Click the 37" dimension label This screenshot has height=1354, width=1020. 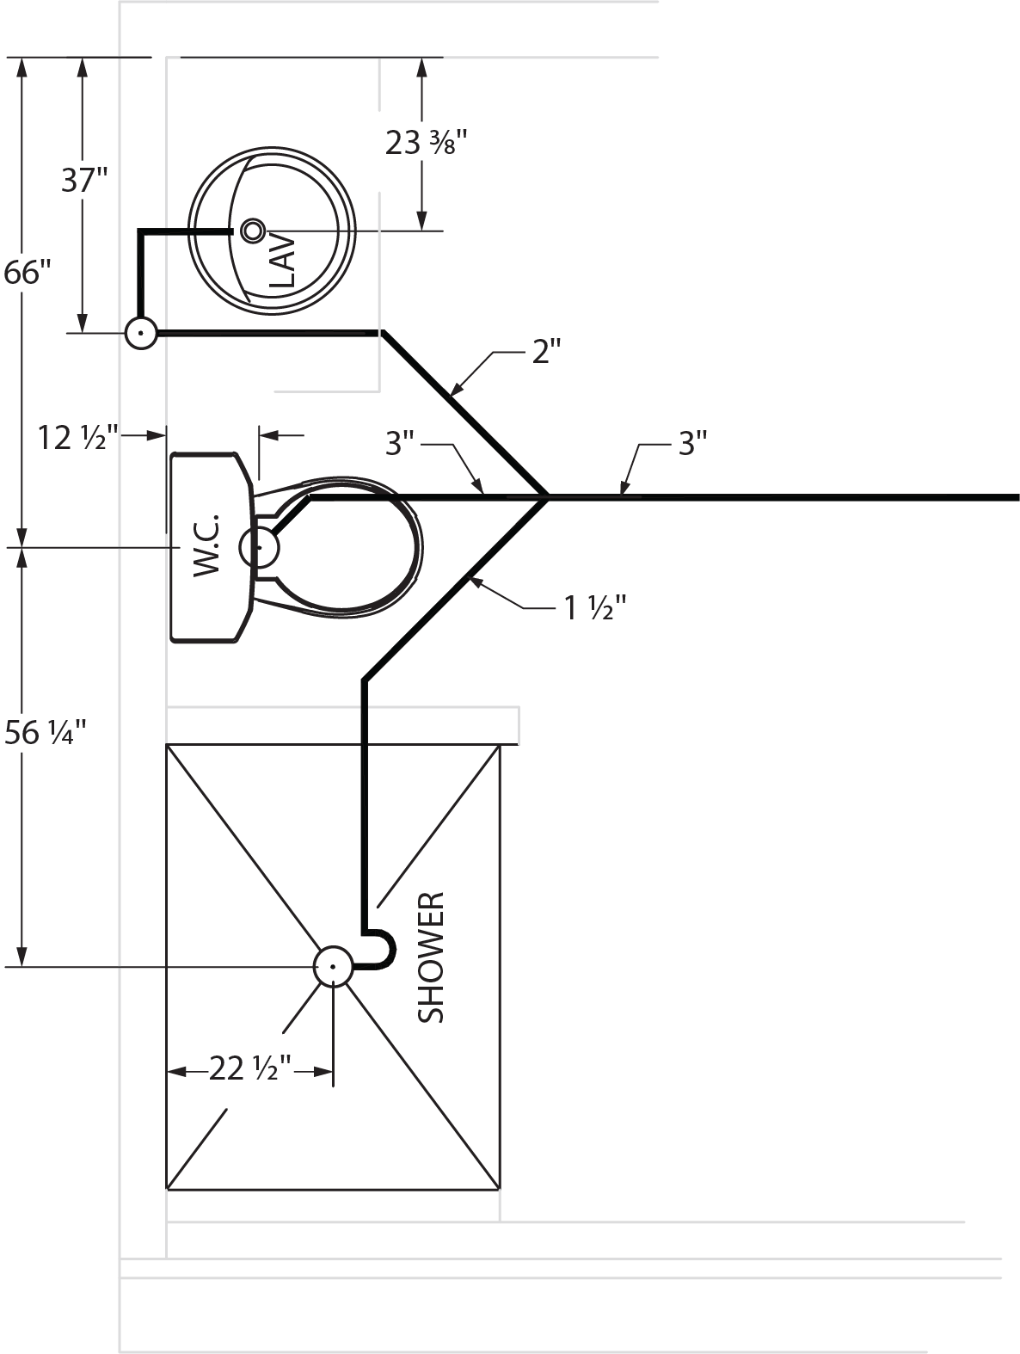point(84,181)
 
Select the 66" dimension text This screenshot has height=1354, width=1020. point(27,273)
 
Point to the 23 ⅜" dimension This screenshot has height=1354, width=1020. point(426,142)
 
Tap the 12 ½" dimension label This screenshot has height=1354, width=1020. point(77,438)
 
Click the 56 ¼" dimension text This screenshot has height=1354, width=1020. point(45,733)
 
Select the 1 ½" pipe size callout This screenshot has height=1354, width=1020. point(593,609)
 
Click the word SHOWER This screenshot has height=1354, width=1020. point(431,957)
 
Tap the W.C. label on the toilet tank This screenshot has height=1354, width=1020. point(207,546)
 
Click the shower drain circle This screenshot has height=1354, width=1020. point(333,966)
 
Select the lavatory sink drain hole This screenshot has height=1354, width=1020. point(253,230)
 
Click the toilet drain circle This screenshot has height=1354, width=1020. point(259,547)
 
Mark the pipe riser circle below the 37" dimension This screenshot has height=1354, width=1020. point(141,332)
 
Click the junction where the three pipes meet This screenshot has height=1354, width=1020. point(546,496)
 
